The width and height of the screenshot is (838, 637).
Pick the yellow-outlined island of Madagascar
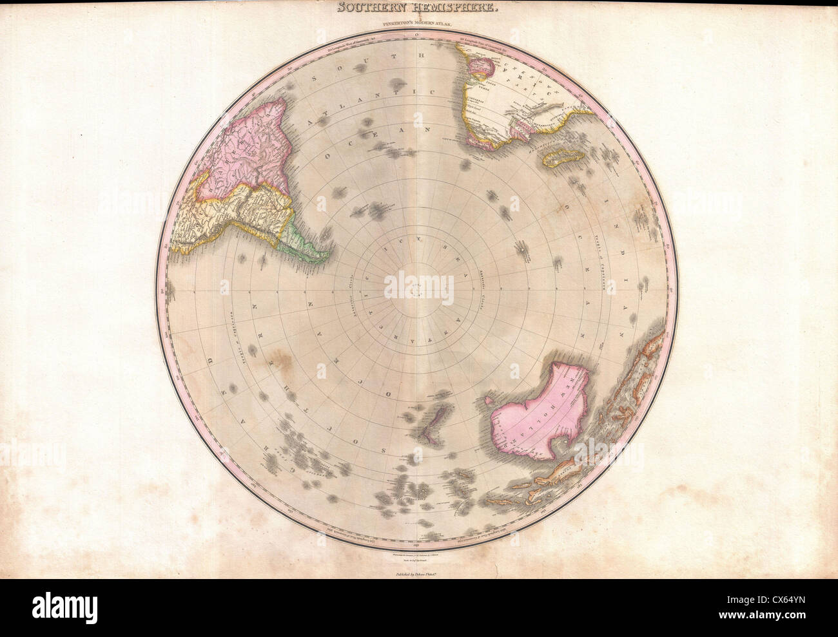560,156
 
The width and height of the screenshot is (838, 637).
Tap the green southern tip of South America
303,238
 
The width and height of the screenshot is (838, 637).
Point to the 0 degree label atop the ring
417,32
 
